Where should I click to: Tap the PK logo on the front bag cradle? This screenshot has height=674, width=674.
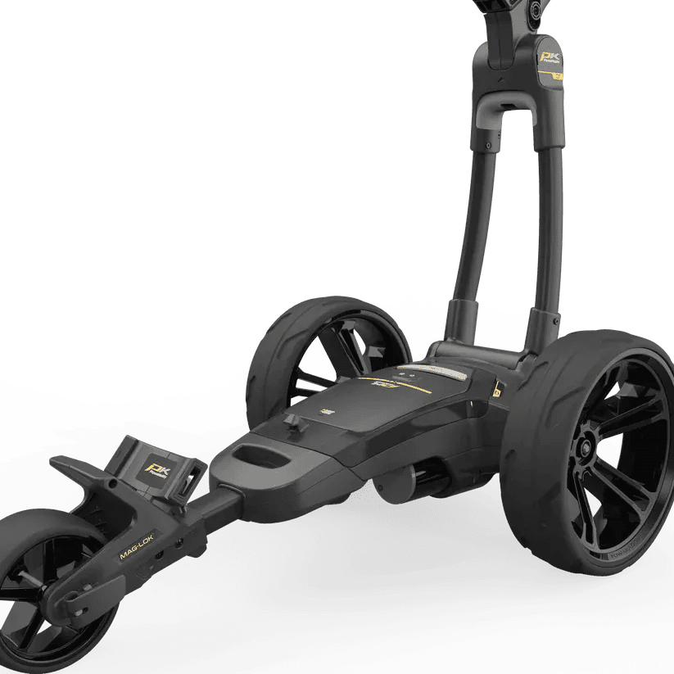(x=156, y=469)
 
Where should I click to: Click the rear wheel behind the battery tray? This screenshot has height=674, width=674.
(x=328, y=352)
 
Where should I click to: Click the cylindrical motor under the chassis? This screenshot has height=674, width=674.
(x=409, y=483)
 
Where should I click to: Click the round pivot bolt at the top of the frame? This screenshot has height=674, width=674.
(x=537, y=12)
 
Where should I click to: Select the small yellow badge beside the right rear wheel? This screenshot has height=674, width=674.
(x=497, y=392)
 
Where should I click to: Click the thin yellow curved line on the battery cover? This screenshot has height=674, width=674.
(x=393, y=391)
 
